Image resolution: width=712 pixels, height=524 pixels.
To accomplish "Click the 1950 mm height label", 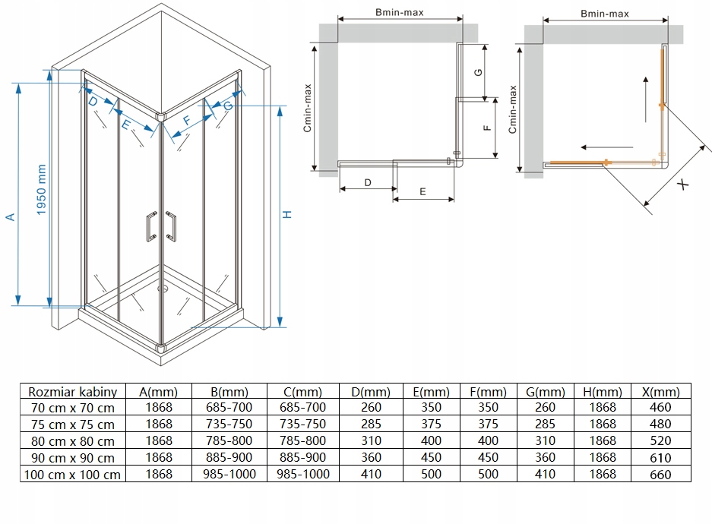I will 41,189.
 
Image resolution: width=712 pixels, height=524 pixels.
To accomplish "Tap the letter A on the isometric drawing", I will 11,217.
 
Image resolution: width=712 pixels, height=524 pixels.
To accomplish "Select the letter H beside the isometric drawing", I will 287,214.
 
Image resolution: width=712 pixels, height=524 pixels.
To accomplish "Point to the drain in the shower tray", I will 161,288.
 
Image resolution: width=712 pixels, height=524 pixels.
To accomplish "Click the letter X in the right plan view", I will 683,184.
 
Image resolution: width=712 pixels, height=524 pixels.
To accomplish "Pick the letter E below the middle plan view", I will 422,193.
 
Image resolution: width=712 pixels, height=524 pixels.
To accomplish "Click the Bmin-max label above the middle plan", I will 399,12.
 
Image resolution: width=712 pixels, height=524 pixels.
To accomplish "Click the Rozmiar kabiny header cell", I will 72,392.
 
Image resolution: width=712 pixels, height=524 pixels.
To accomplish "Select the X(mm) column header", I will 661,392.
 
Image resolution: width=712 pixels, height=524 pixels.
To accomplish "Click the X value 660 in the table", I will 661,475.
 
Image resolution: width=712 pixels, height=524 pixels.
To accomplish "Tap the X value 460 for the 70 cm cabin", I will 661,409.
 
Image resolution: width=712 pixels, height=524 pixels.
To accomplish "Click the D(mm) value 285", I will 372,425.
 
